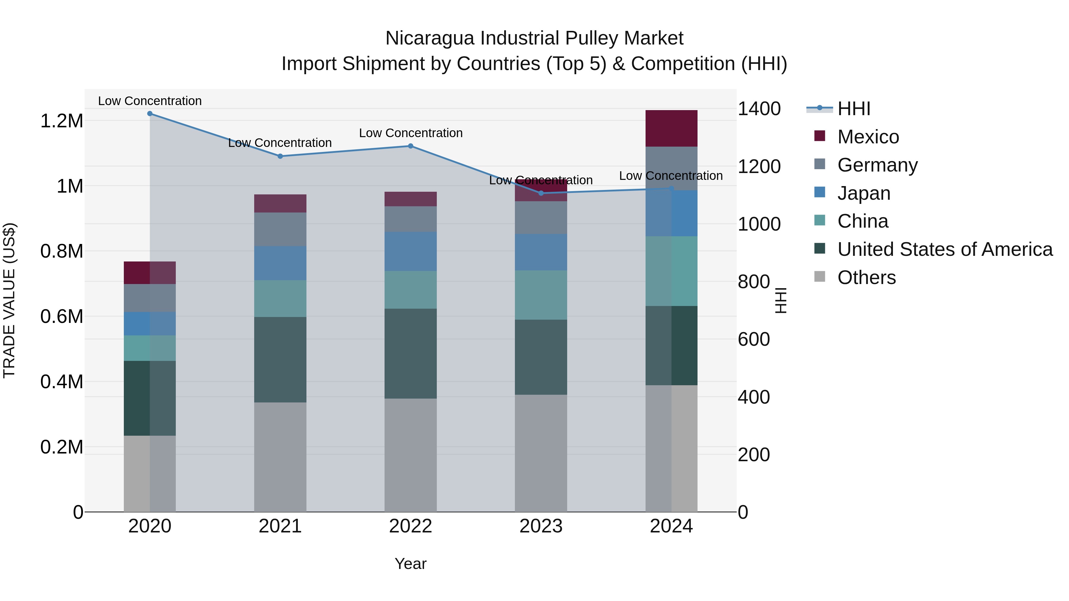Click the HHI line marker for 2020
coord(150,114)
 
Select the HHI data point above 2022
coord(410,146)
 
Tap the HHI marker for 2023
coord(541,193)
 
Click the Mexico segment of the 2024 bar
coord(671,129)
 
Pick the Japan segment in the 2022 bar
coord(410,251)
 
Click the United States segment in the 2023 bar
coord(541,357)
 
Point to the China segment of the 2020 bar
coord(150,348)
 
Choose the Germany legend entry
coord(877,165)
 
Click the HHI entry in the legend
coord(854,109)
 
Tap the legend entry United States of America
coord(945,249)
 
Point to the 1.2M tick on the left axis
coord(62,121)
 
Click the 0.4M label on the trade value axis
coord(62,382)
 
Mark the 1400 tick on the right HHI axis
coord(759,109)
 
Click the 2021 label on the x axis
coord(280,526)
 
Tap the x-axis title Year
coord(410,564)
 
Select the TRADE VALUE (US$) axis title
coord(9,300)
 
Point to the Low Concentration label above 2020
coord(150,101)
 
